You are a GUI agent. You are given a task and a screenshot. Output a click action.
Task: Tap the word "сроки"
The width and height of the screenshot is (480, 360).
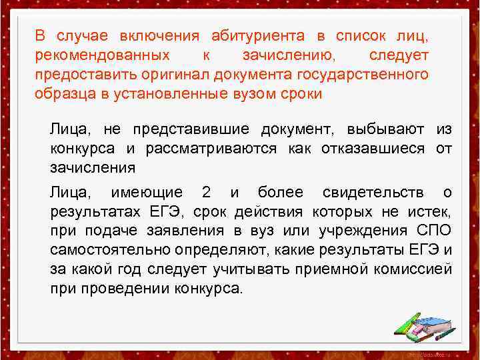(x=301, y=93)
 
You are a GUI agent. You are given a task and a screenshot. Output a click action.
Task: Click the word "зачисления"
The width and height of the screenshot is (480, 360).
(x=93, y=167)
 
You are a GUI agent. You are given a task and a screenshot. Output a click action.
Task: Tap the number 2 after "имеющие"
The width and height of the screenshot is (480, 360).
(x=206, y=193)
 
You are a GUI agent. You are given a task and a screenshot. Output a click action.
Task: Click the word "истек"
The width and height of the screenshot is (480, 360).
(x=431, y=212)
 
